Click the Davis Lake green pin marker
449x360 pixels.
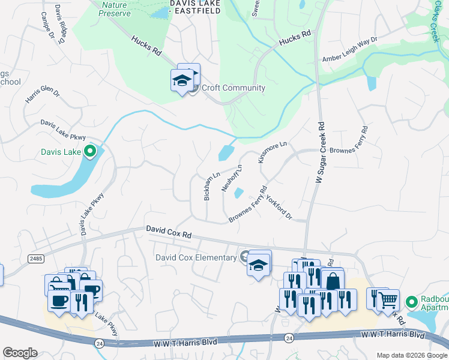click(x=90, y=151)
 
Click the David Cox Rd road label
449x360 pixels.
click(x=169, y=233)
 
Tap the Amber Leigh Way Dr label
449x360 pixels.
click(x=350, y=49)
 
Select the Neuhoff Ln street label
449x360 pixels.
click(x=232, y=178)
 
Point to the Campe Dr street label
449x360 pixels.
click(x=48, y=34)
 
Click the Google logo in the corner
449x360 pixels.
click(x=20, y=352)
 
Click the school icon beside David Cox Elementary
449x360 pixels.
click(x=259, y=265)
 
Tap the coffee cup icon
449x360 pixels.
click(x=59, y=301)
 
